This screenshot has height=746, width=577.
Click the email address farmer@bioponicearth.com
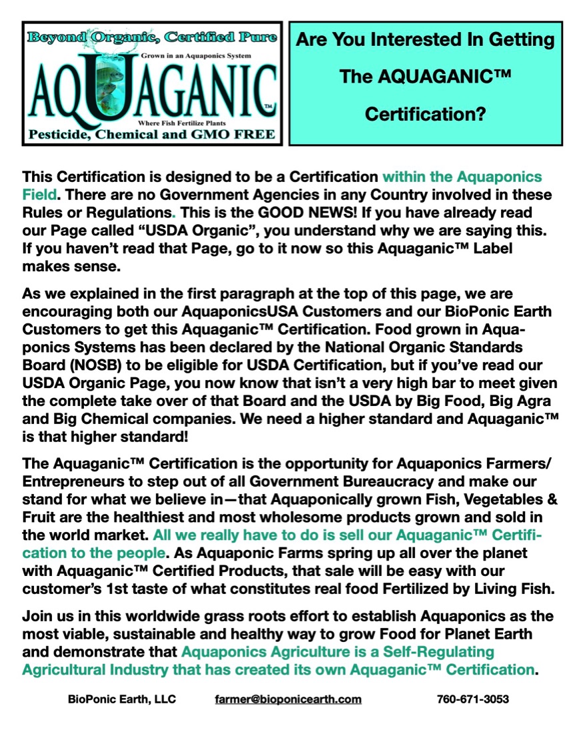288,699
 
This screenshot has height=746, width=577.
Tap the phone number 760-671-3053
473,699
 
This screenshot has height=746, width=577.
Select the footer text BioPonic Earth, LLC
122,699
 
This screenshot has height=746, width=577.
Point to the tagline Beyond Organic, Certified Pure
153,36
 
